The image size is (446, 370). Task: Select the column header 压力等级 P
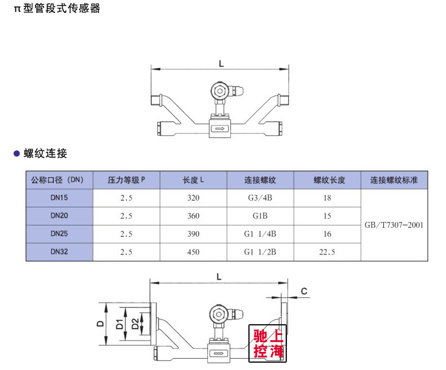click(126, 181)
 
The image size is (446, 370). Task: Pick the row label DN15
click(59, 198)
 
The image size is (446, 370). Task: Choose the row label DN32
click(59, 252)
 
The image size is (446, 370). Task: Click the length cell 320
click(193, 198)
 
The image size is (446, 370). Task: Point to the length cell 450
click(193, 253)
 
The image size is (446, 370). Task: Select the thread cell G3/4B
click(260, 198)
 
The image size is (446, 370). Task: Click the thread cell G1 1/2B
click(260, 253)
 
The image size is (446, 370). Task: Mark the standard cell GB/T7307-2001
click(393, 225)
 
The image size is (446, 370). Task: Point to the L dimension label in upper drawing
click(221, 64)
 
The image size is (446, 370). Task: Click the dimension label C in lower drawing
click(304, 291)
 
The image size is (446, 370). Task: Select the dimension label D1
click(120, 324)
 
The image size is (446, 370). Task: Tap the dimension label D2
click(135, 324)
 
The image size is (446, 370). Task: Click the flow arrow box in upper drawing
click(220, 129)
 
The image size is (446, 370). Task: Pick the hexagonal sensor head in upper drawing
click(219, 92)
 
